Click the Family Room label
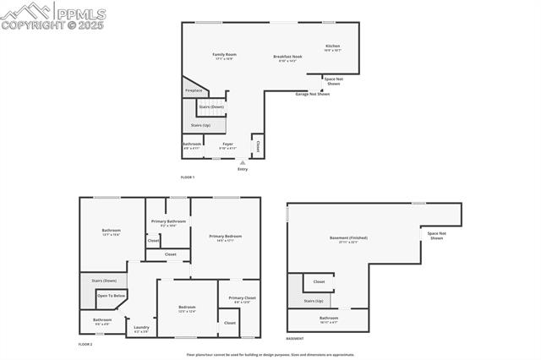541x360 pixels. click(x=224, y=54)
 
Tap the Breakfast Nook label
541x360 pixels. click(x=285, y=57)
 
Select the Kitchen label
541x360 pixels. click(x=333, y=46)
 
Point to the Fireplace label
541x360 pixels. click(x=194, y=90)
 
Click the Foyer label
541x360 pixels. click(x=227, y=144)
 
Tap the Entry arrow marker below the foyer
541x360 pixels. click(x=243, y=162)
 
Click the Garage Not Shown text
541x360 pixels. click(x=312, y=94)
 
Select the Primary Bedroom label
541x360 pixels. click(x=226, y=236)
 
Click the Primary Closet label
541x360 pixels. click(x=242, y=297)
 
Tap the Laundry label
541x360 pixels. click(x=141, y=327)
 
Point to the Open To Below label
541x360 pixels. click(x=112, y=295)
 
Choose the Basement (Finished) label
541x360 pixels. click(x=348, y=237)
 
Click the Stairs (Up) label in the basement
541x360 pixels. click(x=314, y=300)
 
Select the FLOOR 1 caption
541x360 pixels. click(x=188, y=177)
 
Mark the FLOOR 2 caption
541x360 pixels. click(x=85, y=344)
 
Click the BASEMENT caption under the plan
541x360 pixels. click(x=295, y=338)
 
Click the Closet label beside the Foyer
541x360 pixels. click(x=258, y=145)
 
